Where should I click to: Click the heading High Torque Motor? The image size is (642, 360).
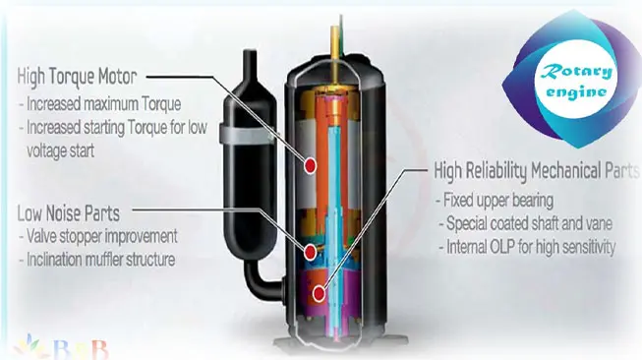click(x=77, y=76)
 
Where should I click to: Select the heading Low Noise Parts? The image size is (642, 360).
click(x=69, y=213)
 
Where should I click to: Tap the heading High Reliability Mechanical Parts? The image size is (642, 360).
click(x=537, y=170)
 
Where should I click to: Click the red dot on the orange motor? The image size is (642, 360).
click(x=310, y=166)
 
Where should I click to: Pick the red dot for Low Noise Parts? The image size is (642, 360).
click(x=310, y=252)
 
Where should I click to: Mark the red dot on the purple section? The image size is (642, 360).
click(x=319, y=293)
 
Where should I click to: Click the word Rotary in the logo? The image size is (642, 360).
click(x=577, y=73)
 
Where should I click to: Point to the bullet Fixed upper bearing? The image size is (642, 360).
click(x=495, y=201)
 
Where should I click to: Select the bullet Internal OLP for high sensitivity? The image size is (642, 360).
click(x=527, y=247)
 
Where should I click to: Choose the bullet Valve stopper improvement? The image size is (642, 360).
click(x=98, y=236)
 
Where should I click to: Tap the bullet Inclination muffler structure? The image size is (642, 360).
click(x=97, y=260)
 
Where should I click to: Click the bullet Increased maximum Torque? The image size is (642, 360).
click(x=100, y=104)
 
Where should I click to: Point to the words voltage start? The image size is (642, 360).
click(x=61, y=150)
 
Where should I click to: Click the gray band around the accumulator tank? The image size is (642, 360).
click(x=247, y=134)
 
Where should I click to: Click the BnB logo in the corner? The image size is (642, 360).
click(x=61, y=348)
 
